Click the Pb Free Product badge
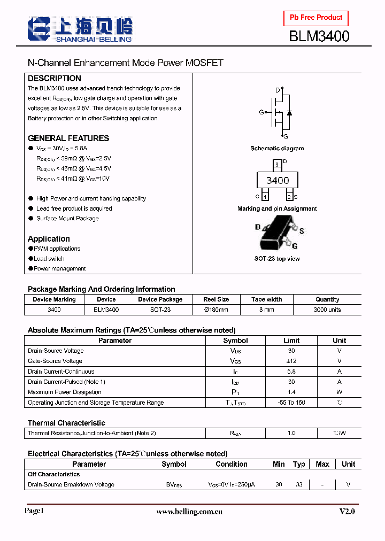(315, 18)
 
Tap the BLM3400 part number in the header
(319, 36)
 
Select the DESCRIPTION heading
(55, 78)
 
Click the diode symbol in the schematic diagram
(289, 113)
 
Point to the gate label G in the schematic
(261, 112)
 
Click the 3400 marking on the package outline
(277, 180)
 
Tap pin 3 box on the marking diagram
(277, 163)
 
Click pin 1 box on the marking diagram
(265, 197)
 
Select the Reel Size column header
(216, 299)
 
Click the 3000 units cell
(327, 310)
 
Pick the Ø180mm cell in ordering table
(216, 310)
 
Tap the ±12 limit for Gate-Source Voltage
(291, 361)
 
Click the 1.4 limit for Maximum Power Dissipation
(291, 392)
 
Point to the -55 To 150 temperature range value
(291, 403)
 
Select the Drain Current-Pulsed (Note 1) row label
(66, 382)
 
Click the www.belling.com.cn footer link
(189, 512)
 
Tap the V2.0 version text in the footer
(347, 512)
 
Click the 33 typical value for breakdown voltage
(299, 484)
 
